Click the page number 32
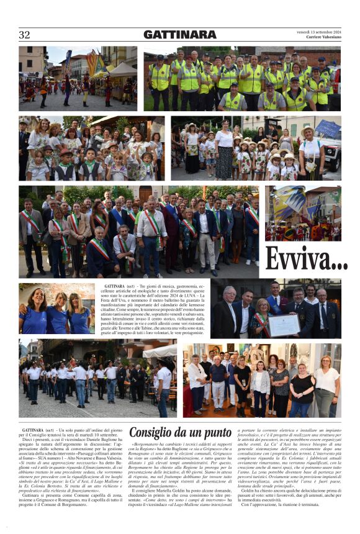(x=25, y=35)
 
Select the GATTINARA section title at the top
(x=180, y=35)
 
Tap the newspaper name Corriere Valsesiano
(x=323, y=37)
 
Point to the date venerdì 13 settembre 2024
(x=319, y=32)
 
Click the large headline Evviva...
(x=307, y=259)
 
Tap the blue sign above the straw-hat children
(x=328, y=129)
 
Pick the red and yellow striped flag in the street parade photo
(x=92, y=63)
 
